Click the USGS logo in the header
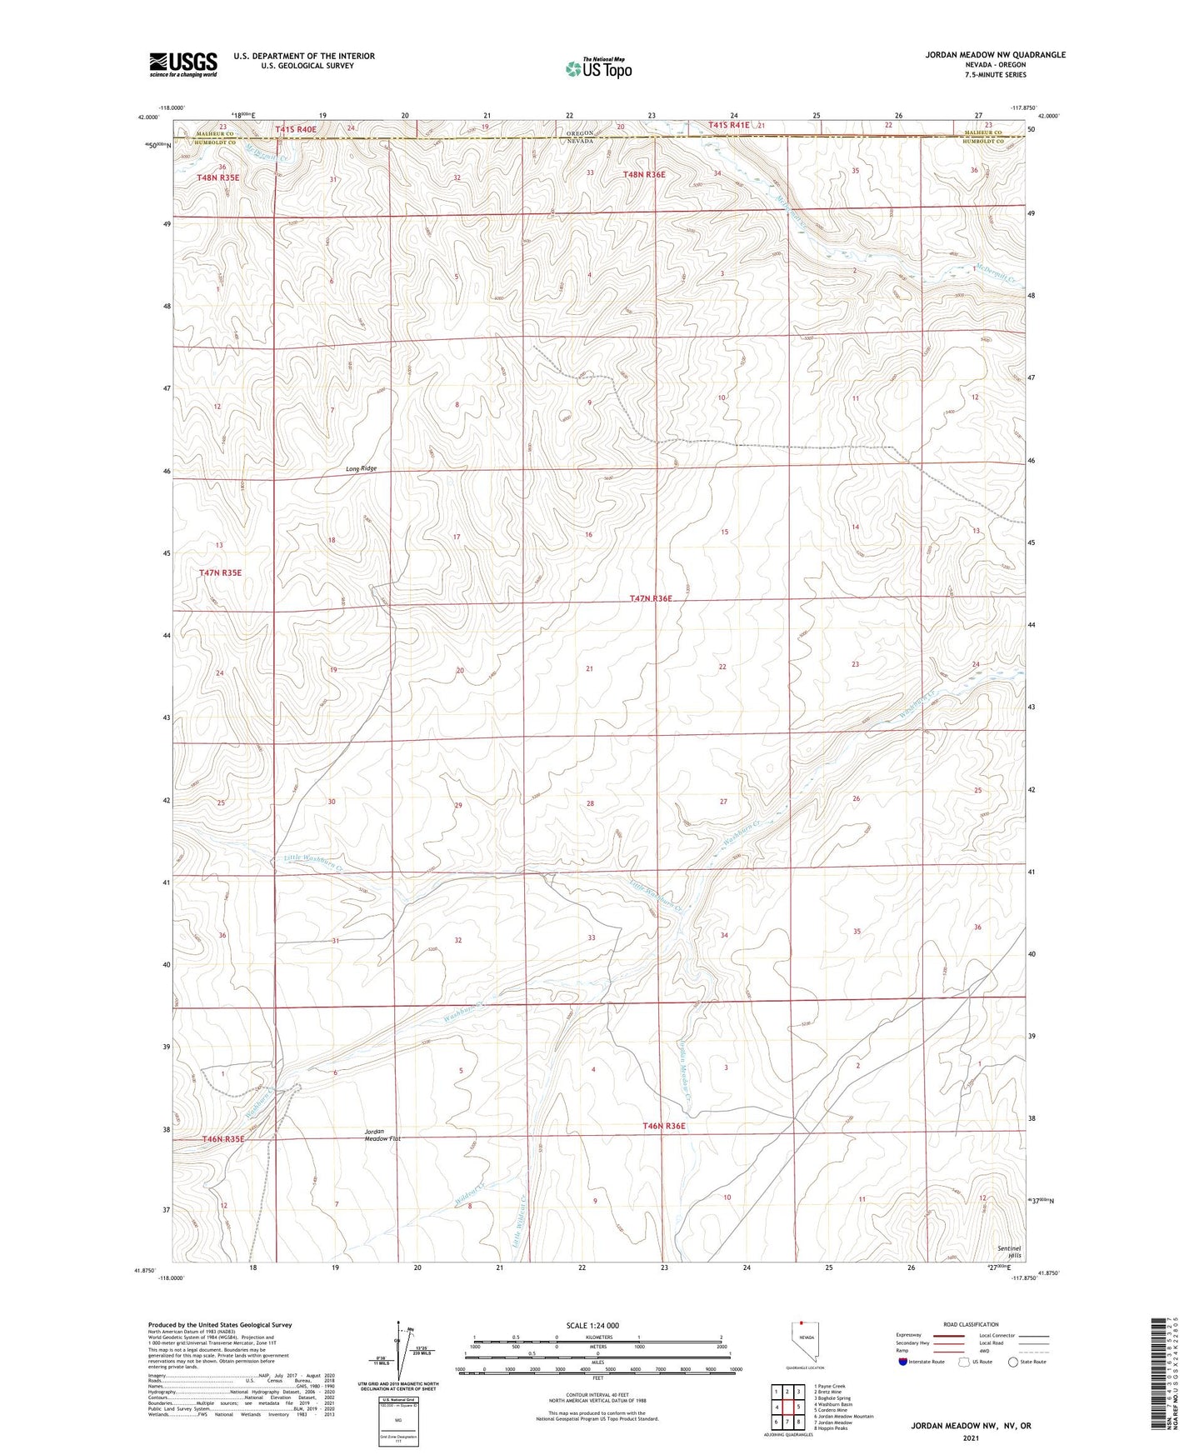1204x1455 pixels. click(x=182, y=64)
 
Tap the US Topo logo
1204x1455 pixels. click(x=597, y=68)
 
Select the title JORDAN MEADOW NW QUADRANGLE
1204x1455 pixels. click(x=995, y=55)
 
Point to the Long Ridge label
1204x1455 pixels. click(x=362, y=468)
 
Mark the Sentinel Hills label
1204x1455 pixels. click(x=1008, y=1251)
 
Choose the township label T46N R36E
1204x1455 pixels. click(x=663, y=1126)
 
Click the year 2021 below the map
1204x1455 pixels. click(x=971, y=1437)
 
